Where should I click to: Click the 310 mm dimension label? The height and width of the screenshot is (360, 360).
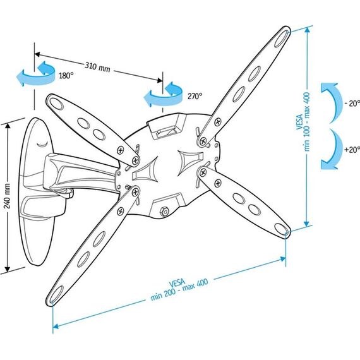(97, 67)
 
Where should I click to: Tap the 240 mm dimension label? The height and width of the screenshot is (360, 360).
(8, 195)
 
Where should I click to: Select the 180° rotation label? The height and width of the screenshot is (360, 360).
(66, 75)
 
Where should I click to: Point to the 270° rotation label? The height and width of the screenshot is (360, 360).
(195, 96)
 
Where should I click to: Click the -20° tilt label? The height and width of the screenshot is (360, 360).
(352, 104)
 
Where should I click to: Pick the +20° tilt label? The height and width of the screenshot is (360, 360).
(352, 150)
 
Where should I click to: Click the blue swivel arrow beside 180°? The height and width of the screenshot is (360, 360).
(35, 73)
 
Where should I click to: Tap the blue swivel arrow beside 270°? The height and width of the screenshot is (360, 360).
(163, 94)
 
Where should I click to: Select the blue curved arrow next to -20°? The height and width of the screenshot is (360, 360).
(330, 103)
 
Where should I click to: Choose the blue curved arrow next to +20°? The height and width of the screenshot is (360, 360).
(330, 150)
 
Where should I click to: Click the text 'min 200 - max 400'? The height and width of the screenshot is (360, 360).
(179, 289)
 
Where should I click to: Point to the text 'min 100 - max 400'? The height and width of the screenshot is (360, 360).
(307, 122)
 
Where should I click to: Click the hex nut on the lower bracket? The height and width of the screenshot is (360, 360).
(164, 211)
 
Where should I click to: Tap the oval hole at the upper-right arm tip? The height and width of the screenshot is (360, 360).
(281, 39)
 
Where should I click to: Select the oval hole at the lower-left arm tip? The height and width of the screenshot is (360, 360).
(57, 294)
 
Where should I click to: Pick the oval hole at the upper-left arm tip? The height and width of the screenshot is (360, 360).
(56, 104)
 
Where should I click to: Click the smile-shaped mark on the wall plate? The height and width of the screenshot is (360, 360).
(43, 145)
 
